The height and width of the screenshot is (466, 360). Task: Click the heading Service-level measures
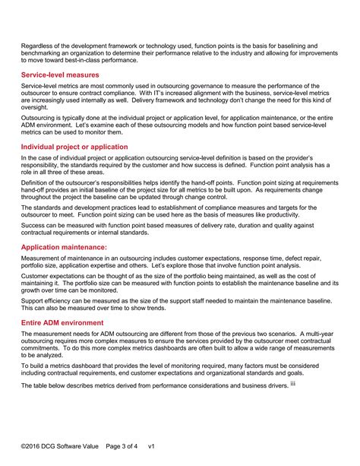[60, 75]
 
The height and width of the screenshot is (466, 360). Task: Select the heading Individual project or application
[74, 147]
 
